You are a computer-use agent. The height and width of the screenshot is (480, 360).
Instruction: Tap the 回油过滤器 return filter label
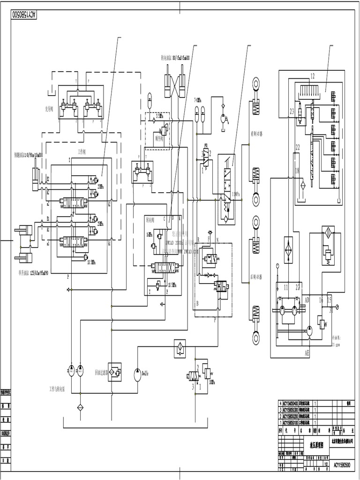pos(101,373)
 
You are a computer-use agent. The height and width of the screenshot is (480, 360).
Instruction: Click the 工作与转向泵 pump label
pos(60,389)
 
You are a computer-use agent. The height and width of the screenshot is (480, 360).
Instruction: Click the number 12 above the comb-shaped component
pos(312,75)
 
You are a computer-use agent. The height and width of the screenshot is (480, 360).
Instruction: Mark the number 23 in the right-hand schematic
pos(292,112)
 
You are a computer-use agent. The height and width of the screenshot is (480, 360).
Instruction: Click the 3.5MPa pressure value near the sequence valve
pos(160,115)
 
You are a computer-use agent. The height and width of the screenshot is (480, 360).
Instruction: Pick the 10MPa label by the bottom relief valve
pos(212,382)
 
